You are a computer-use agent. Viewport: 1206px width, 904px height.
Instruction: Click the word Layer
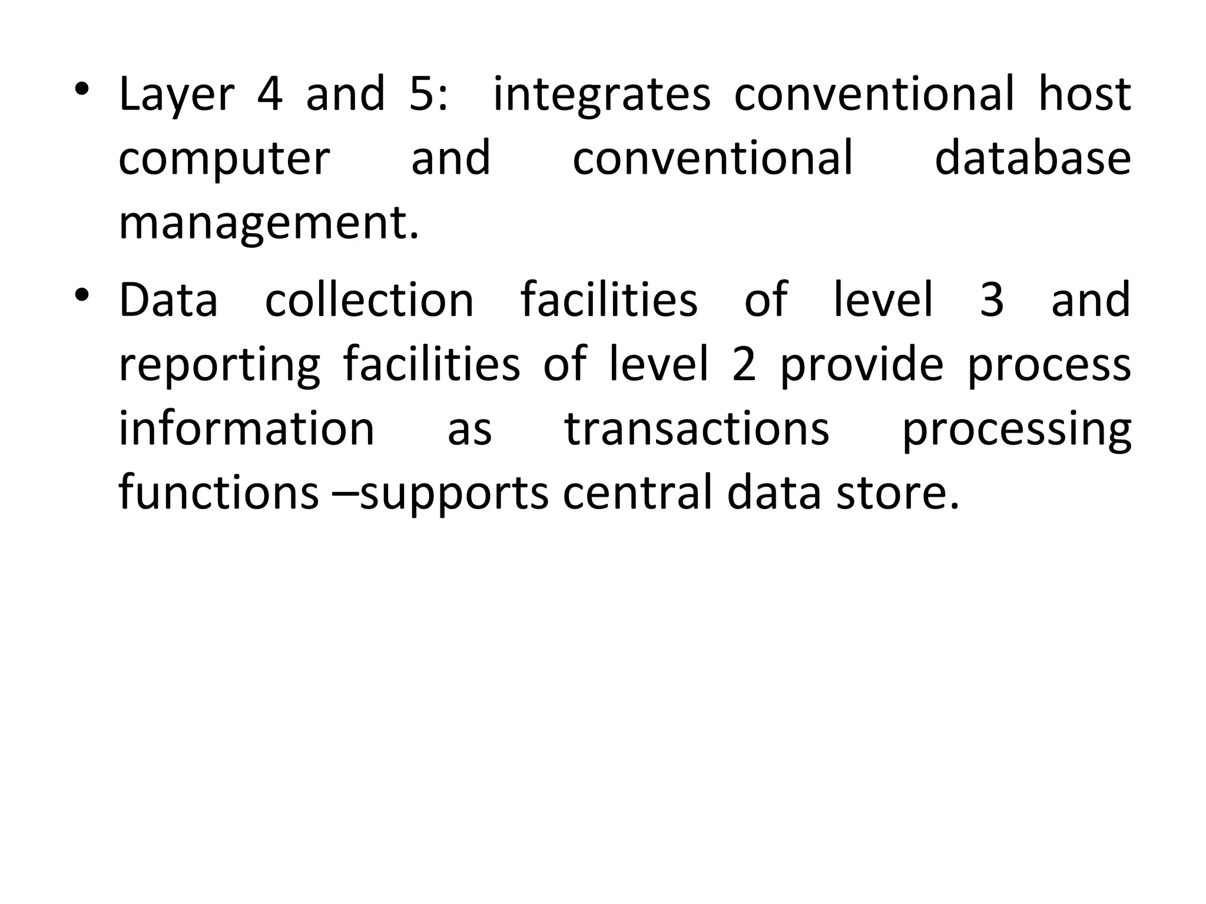[x=177, y=95]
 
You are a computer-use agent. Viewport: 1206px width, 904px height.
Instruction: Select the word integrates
[x=601, y=95]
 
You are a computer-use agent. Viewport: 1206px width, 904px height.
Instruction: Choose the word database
[x=1032, y=159]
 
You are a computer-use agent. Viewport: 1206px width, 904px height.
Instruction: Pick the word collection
[x=369, y=300]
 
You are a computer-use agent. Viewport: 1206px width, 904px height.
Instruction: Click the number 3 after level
[x=992, y=300]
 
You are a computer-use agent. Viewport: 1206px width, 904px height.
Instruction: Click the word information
[x=247, y=428]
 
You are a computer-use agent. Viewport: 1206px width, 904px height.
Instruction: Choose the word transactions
[x=697, y=428]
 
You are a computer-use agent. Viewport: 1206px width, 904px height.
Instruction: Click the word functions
[x=218, y=493]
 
